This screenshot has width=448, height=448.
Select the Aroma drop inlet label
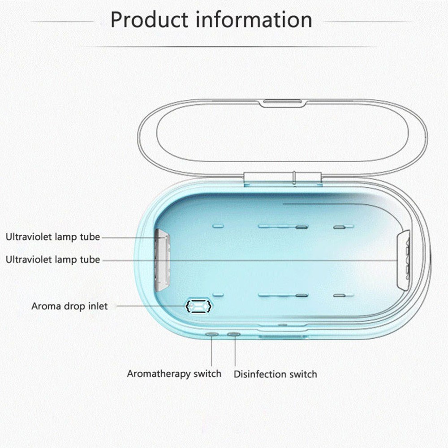[x=69, y=306]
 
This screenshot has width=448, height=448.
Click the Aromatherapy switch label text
[x=174, y=373]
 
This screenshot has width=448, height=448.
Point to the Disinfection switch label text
[x=275, y=374]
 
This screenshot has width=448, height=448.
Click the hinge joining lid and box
[x=283, y=177]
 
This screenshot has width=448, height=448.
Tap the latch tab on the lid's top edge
[x=283, y=103]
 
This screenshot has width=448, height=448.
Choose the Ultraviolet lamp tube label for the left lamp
[x=52, y=237]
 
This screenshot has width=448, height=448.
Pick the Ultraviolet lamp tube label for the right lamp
[x=52, y=259]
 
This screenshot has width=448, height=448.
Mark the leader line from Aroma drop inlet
[x=150, y=306]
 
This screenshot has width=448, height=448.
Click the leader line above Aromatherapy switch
[x=211, y=352]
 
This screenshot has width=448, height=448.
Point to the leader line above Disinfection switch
[x=234, y=352]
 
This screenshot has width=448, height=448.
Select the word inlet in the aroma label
[x=98, y=306]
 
